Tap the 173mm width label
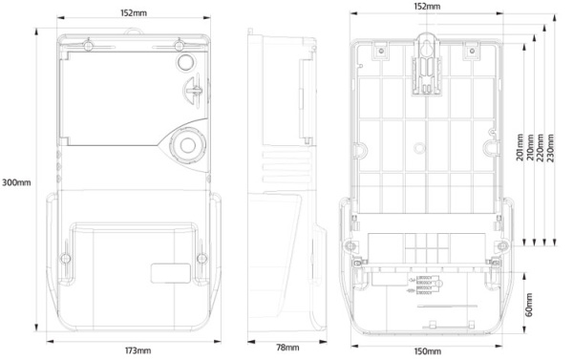[138, 351]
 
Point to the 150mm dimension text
[426, 351]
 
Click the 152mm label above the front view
[133, 13]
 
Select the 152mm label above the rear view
[427, 7]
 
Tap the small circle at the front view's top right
[183, 62]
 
